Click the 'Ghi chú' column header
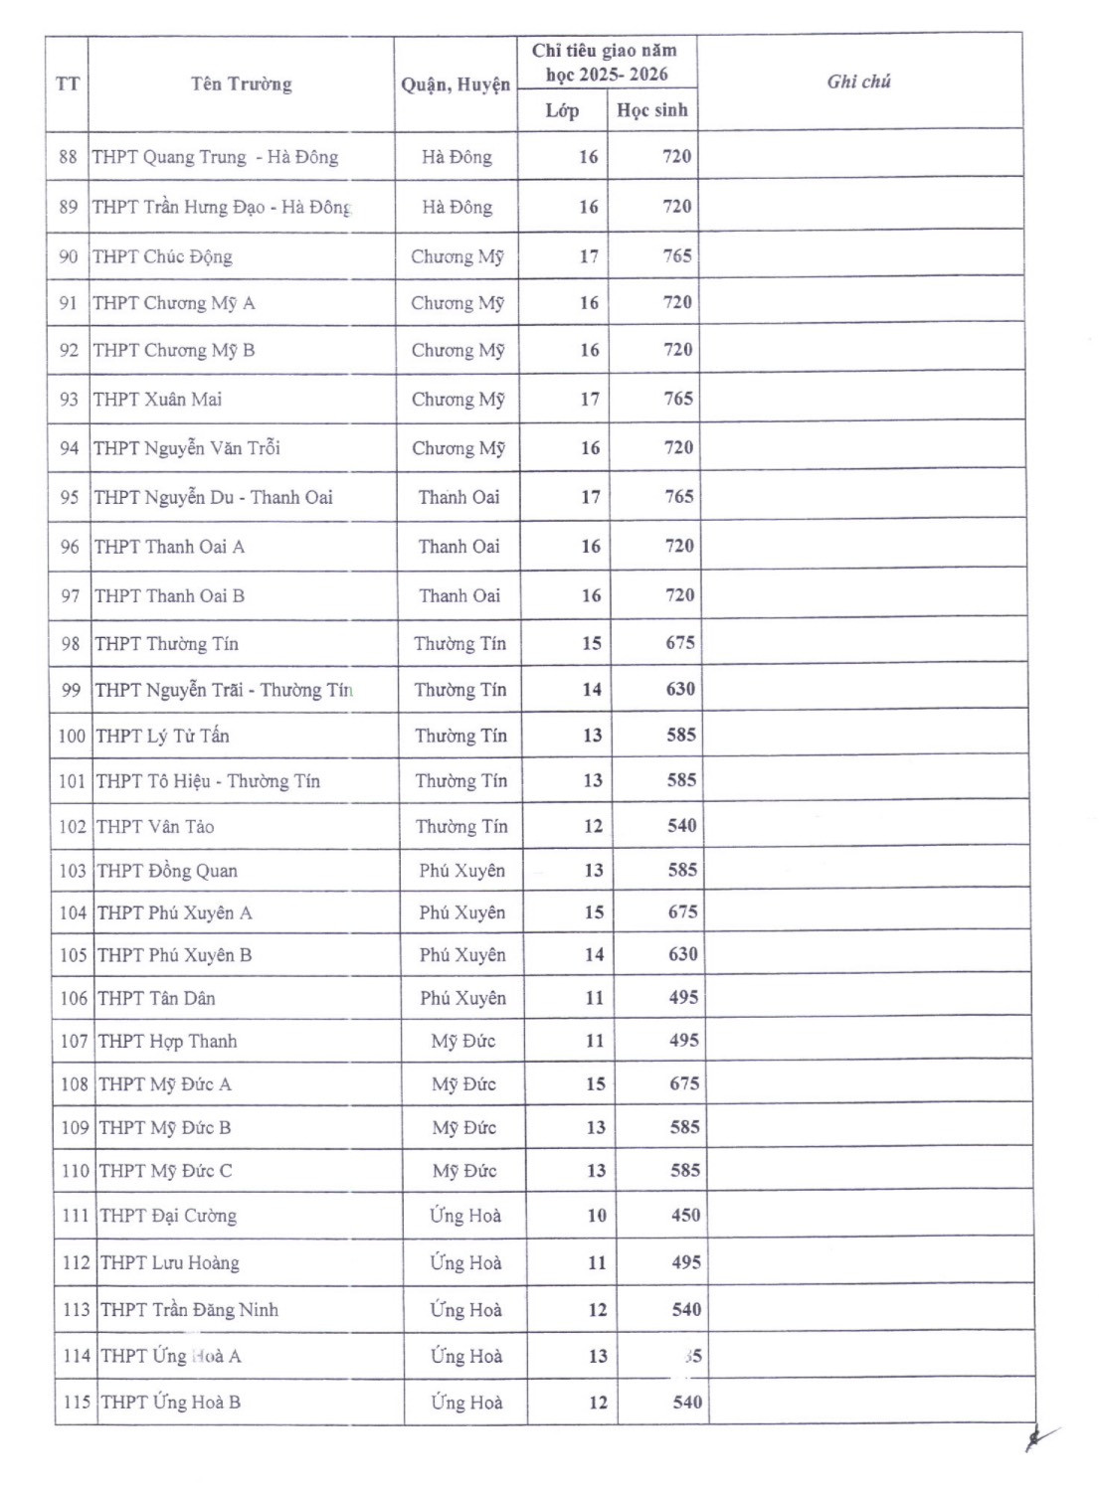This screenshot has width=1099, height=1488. pos(858,83)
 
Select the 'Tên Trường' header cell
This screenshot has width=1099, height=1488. pos(242,84)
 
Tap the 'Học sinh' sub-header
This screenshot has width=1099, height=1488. pos(652,110)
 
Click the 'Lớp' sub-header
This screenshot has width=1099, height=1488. pos(562,110)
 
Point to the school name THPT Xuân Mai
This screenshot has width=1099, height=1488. pos(158,400)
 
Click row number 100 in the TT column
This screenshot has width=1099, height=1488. pos(72,737)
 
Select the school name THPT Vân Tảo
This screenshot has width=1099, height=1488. pos(155,827)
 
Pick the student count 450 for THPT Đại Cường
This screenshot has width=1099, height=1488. pos(685,1216)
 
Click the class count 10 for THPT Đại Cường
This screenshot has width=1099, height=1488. pos(597,1216)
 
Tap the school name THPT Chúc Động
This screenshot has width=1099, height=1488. pos(162,257)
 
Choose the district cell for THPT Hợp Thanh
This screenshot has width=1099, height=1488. pos(463,1042)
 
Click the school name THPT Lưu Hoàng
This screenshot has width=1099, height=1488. pos(170,1263)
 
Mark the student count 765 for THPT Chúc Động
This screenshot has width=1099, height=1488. pos(677,256)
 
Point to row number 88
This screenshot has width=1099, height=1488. pos(68,157)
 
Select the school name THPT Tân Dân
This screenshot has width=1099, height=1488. pos(156,999)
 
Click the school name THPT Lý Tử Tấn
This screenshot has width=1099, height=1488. pos(162,737)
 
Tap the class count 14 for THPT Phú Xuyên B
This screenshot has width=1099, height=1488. pos(594,955)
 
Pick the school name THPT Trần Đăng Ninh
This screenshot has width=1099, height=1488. pos(189,1310)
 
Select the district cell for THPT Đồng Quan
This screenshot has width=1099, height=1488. pos(461,872)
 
